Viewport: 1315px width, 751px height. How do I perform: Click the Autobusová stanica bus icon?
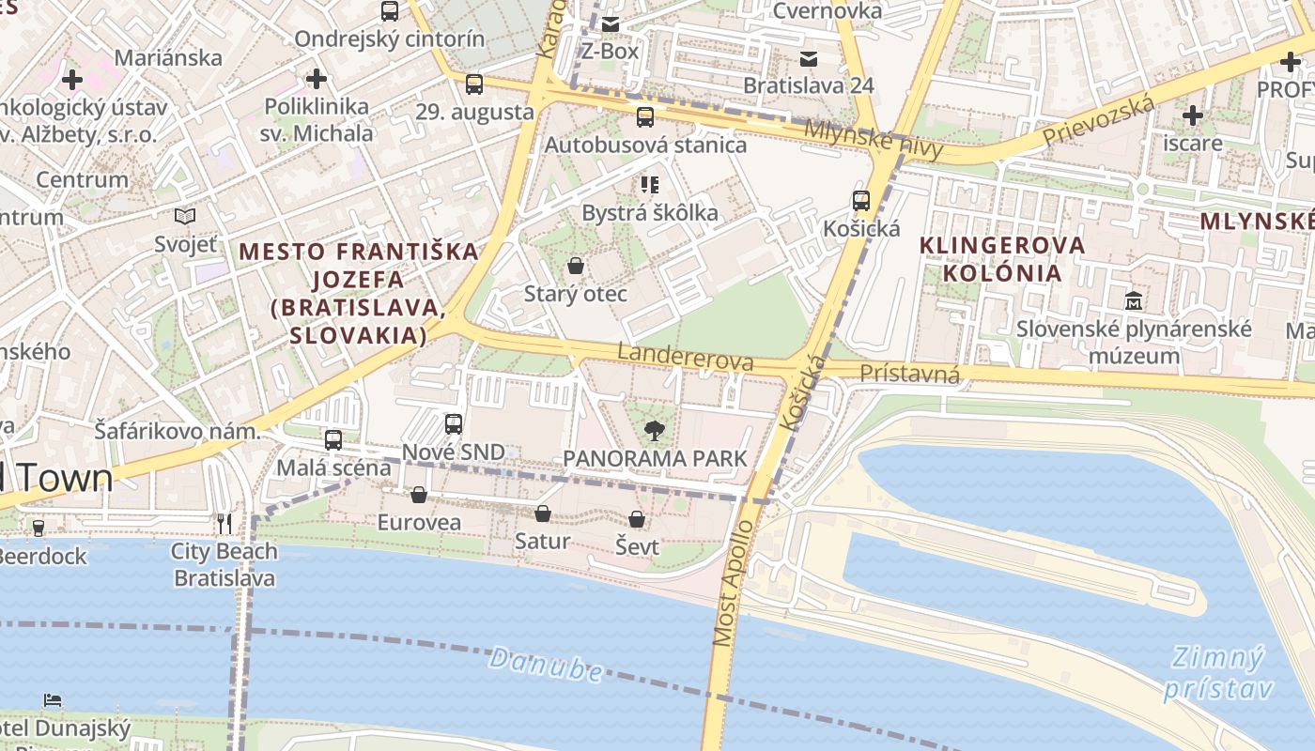[644, 117]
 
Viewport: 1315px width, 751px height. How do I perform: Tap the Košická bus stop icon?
[860, 201]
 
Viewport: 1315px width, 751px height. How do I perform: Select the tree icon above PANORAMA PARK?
[654, 431]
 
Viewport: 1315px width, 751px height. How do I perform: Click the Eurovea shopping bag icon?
[419, 495]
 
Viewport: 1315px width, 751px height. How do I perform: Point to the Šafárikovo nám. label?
[177, 431]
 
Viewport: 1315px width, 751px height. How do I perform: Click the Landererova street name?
[686, 357]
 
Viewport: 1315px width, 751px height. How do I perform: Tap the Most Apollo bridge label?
[733, 583]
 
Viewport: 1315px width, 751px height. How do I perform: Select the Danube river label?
[546, 664]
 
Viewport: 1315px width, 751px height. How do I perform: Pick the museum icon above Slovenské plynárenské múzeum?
[1134, 301]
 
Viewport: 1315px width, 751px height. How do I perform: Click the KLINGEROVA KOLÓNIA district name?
[1001, 259]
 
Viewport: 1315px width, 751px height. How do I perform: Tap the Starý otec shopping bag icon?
[576, 267]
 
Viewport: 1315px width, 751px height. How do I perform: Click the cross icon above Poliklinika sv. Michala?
[317, 79]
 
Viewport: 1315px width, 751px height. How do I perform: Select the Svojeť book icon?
[185, 217]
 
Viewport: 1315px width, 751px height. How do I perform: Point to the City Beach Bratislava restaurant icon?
[224, 524]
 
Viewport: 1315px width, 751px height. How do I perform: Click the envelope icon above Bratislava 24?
[808, 59]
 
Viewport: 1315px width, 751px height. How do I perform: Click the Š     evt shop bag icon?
[637, 519]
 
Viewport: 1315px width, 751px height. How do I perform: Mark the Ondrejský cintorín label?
[389, 38]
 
